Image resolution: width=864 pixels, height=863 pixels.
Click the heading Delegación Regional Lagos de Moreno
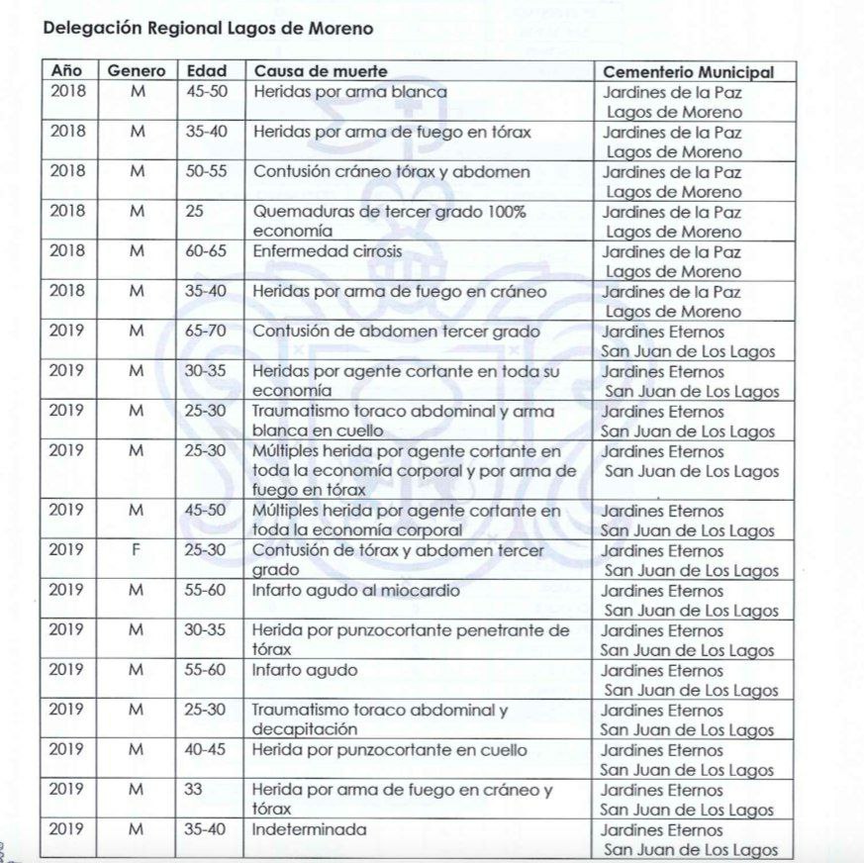208,29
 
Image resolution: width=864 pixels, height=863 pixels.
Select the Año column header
67,71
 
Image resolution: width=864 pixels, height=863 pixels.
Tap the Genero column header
137,71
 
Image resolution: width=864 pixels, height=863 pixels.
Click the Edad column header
206,71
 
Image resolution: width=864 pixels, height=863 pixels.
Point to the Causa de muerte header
320,71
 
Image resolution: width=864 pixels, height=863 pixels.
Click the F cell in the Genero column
137,550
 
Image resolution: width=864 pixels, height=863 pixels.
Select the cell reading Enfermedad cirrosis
328,251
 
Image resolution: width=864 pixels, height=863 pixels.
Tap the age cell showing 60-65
206,251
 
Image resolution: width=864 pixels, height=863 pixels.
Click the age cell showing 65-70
206,332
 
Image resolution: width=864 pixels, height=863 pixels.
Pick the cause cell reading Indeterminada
309,829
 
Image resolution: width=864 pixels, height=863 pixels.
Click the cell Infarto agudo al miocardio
355,591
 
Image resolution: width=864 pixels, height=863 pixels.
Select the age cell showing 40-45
206,750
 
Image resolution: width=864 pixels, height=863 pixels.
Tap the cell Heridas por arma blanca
350,92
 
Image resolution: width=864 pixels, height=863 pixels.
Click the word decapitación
304,729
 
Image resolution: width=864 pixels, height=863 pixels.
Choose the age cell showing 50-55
206,171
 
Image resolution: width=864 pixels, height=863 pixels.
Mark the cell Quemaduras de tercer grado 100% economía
389,221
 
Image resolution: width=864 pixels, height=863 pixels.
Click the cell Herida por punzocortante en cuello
390,750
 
